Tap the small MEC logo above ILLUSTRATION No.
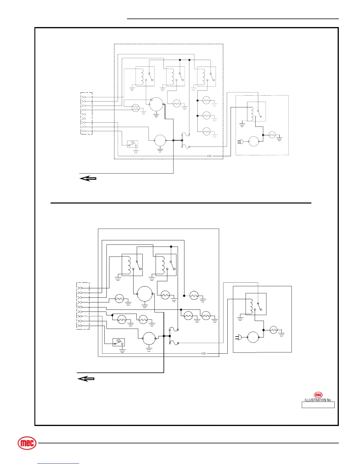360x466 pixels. point(318,395)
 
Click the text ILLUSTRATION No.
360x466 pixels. point(318,400)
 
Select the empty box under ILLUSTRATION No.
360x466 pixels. point(318,405)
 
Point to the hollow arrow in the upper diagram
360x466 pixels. point(88,178)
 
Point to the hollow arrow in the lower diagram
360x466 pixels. point(86,379)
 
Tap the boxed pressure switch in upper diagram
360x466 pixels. point(132,144)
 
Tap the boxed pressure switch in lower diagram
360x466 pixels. point(119,342)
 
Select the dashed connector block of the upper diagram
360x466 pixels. point(86,113)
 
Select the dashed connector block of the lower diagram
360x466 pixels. point(83,306)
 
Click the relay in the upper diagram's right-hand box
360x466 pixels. point(256,111)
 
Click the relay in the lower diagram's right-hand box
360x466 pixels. point(256,304)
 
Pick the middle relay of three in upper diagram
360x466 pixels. point(176,76)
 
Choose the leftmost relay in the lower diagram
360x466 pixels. point(132,265)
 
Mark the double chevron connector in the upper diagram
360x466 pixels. point(209,156)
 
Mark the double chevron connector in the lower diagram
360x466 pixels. point(203,353)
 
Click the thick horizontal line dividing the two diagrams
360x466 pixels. point(181,203)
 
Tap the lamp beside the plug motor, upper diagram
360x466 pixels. point(272,135)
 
